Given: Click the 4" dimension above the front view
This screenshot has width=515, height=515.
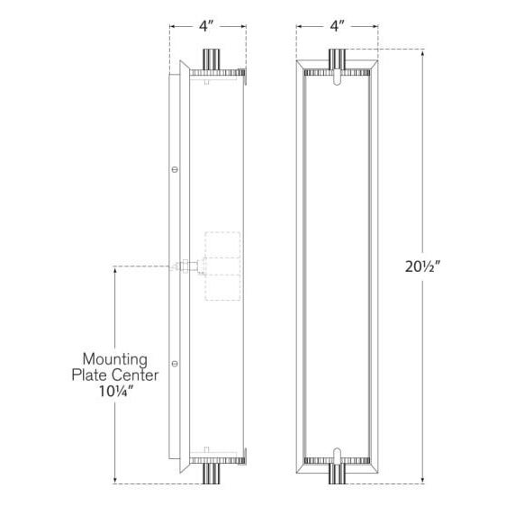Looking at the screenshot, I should (x=337, y=26).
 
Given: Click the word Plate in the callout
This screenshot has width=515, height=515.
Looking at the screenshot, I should (x=92, y=374).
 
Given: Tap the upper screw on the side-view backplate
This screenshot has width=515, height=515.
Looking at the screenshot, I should (x=176, y=168).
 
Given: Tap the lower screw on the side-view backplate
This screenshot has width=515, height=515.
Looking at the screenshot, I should (x=176, y=364).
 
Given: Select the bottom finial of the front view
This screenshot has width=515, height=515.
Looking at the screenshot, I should (x=337, y=474).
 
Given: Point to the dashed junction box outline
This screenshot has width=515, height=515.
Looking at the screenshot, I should (x=223, y=267).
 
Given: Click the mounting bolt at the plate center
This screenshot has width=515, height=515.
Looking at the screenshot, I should (x=187, y=266).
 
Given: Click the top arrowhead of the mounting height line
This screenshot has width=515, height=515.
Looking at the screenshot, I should (x=114, y=268).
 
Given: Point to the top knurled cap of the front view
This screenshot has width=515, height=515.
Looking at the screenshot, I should (x=337, y=71).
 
